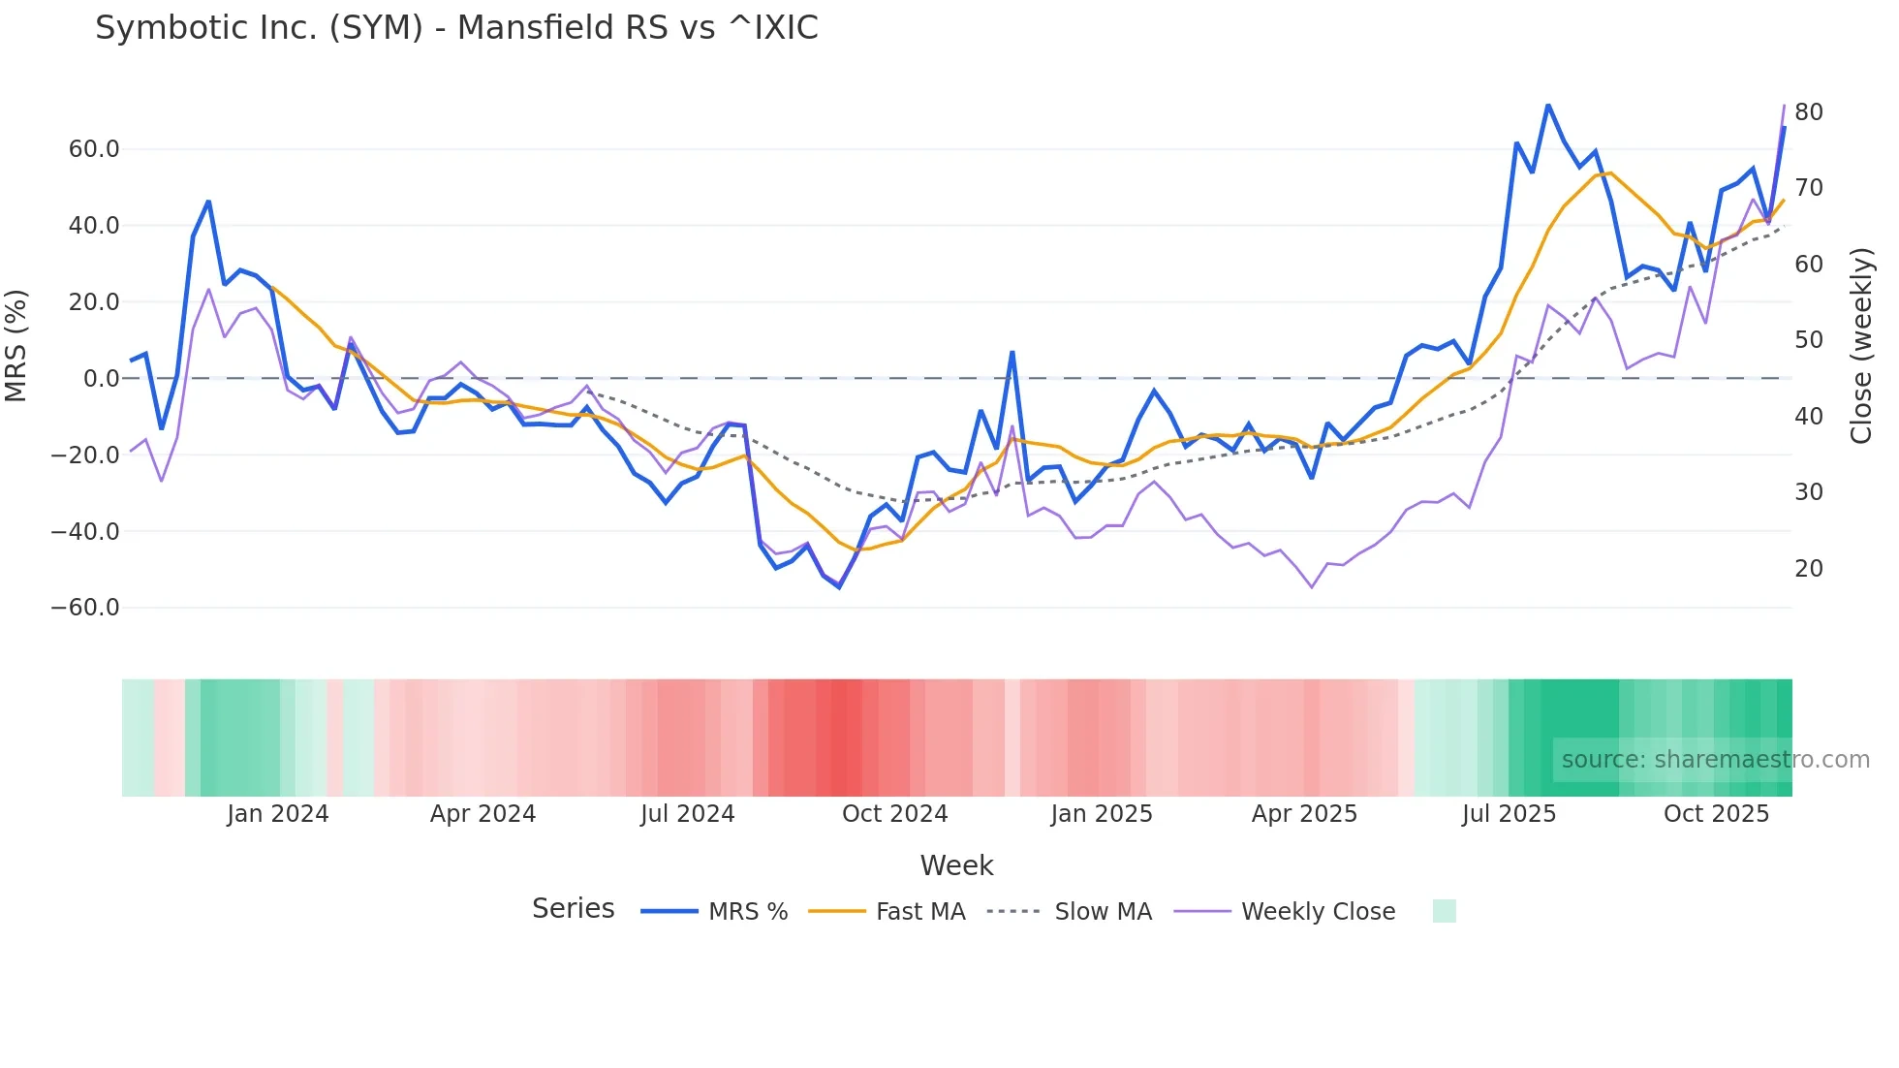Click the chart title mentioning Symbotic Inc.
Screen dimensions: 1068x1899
tap(456, 28)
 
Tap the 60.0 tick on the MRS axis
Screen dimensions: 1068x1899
tap(94, 149)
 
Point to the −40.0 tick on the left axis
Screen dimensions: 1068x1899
tap(85, 531)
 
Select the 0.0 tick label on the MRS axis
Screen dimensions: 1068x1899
tap(101, 379)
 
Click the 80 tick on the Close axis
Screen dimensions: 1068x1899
tap(1808, 112)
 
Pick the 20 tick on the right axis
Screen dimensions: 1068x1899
tap(1808, 569)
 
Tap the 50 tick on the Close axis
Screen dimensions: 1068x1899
tap(1808, 340)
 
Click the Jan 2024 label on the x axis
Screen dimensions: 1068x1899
tap(278, 814)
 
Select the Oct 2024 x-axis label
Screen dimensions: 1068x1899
tap(894, 814)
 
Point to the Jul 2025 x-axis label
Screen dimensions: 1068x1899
tap(1509, 814)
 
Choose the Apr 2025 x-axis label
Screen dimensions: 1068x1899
tap(1304, 814)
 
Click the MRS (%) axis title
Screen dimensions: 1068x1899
tap(16, 346)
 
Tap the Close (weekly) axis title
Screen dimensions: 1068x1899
tap(1861, 346)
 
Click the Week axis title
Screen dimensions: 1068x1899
tap(956, 865)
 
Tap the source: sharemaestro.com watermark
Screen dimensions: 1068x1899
tap(1715, 760)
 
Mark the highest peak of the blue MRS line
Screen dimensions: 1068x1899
tap(1547, 105)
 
